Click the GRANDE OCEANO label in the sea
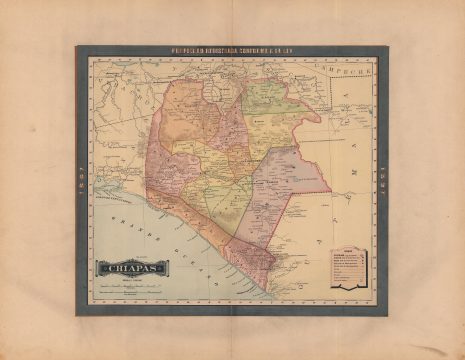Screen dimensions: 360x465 (150, 235)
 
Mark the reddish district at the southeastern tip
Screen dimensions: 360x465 (250, 258)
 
